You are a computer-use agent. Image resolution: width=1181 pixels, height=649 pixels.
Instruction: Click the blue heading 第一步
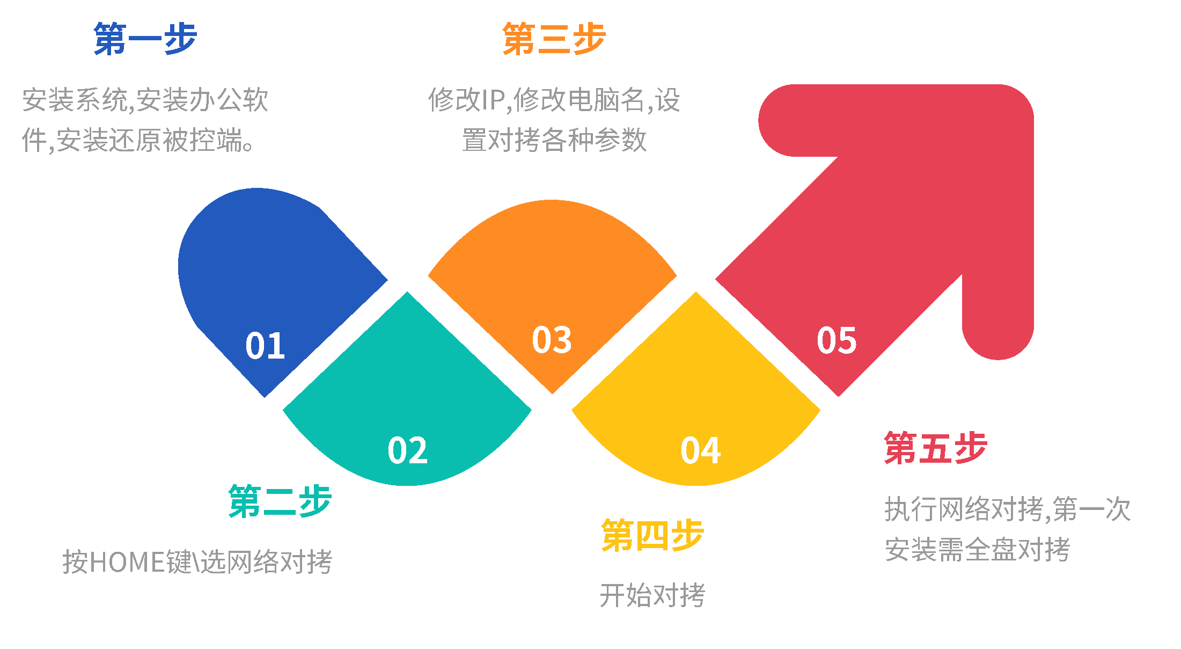145,39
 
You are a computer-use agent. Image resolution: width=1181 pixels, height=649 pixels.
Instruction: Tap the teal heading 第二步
280,501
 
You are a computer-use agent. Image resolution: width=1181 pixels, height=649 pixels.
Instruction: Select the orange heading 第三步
554,39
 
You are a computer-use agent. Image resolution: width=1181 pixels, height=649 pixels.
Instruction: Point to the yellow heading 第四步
652,536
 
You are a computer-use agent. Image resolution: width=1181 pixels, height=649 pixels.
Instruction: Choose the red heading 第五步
935,448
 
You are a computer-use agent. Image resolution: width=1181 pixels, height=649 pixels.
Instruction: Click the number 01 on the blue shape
265,345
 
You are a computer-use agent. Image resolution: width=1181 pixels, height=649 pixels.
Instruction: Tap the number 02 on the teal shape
407,450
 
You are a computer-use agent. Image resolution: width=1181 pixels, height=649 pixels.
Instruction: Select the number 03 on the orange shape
552,340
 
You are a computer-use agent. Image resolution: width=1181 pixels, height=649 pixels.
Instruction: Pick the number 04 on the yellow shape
700,450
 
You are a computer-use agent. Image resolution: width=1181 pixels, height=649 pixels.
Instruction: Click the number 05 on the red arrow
837,340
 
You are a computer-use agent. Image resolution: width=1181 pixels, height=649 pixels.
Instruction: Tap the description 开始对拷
652,595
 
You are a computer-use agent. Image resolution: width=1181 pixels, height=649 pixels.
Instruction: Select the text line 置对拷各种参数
554,141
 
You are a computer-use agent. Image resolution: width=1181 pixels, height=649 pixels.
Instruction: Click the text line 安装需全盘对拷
977,550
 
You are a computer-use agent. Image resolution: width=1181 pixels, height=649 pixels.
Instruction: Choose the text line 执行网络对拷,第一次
1007,509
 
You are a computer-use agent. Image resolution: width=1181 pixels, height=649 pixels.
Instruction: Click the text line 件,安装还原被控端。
138,141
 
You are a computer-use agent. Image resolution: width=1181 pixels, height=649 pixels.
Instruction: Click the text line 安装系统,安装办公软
145,100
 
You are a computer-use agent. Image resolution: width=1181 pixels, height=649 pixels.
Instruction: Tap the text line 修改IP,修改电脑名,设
554,100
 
